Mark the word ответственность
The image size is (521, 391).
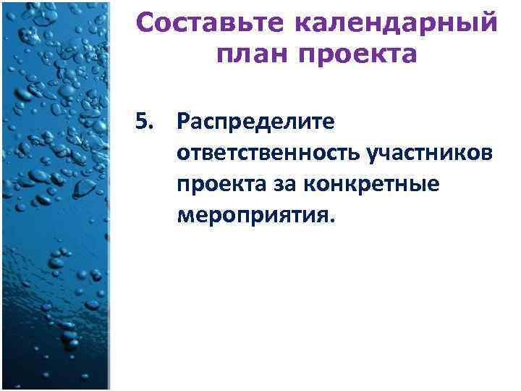click(x=268, y=154)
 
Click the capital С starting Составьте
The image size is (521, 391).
click(x=145, y=24)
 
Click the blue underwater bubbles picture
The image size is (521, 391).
click(x=54, y=195)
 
